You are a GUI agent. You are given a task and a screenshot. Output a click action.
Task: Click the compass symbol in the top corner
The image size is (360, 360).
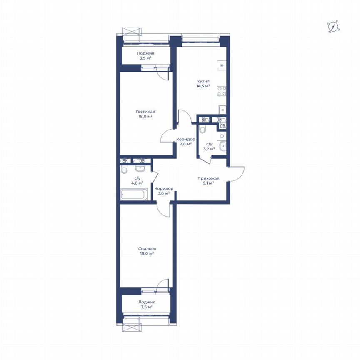[333, 27]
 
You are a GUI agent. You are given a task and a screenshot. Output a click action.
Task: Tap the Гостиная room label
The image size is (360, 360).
[145, 112]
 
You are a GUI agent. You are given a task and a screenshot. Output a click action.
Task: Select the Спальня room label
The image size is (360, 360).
[147, 248]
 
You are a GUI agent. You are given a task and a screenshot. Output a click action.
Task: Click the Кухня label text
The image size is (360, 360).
[203, 81]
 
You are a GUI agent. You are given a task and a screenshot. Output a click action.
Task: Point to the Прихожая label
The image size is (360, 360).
[208, 178]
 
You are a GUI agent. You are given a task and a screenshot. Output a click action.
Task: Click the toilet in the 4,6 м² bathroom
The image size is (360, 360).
[124, 171]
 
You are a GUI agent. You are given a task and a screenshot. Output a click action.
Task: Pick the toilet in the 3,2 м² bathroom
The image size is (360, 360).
[202, 130]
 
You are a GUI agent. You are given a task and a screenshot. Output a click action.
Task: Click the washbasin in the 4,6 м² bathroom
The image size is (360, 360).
[140, 168]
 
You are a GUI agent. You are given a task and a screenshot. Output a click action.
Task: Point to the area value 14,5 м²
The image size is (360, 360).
[203, 86]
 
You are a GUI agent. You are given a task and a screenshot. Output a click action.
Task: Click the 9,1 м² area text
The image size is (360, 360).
[208, 183]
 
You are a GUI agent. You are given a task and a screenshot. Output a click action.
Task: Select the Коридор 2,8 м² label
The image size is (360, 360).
[185, 142]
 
